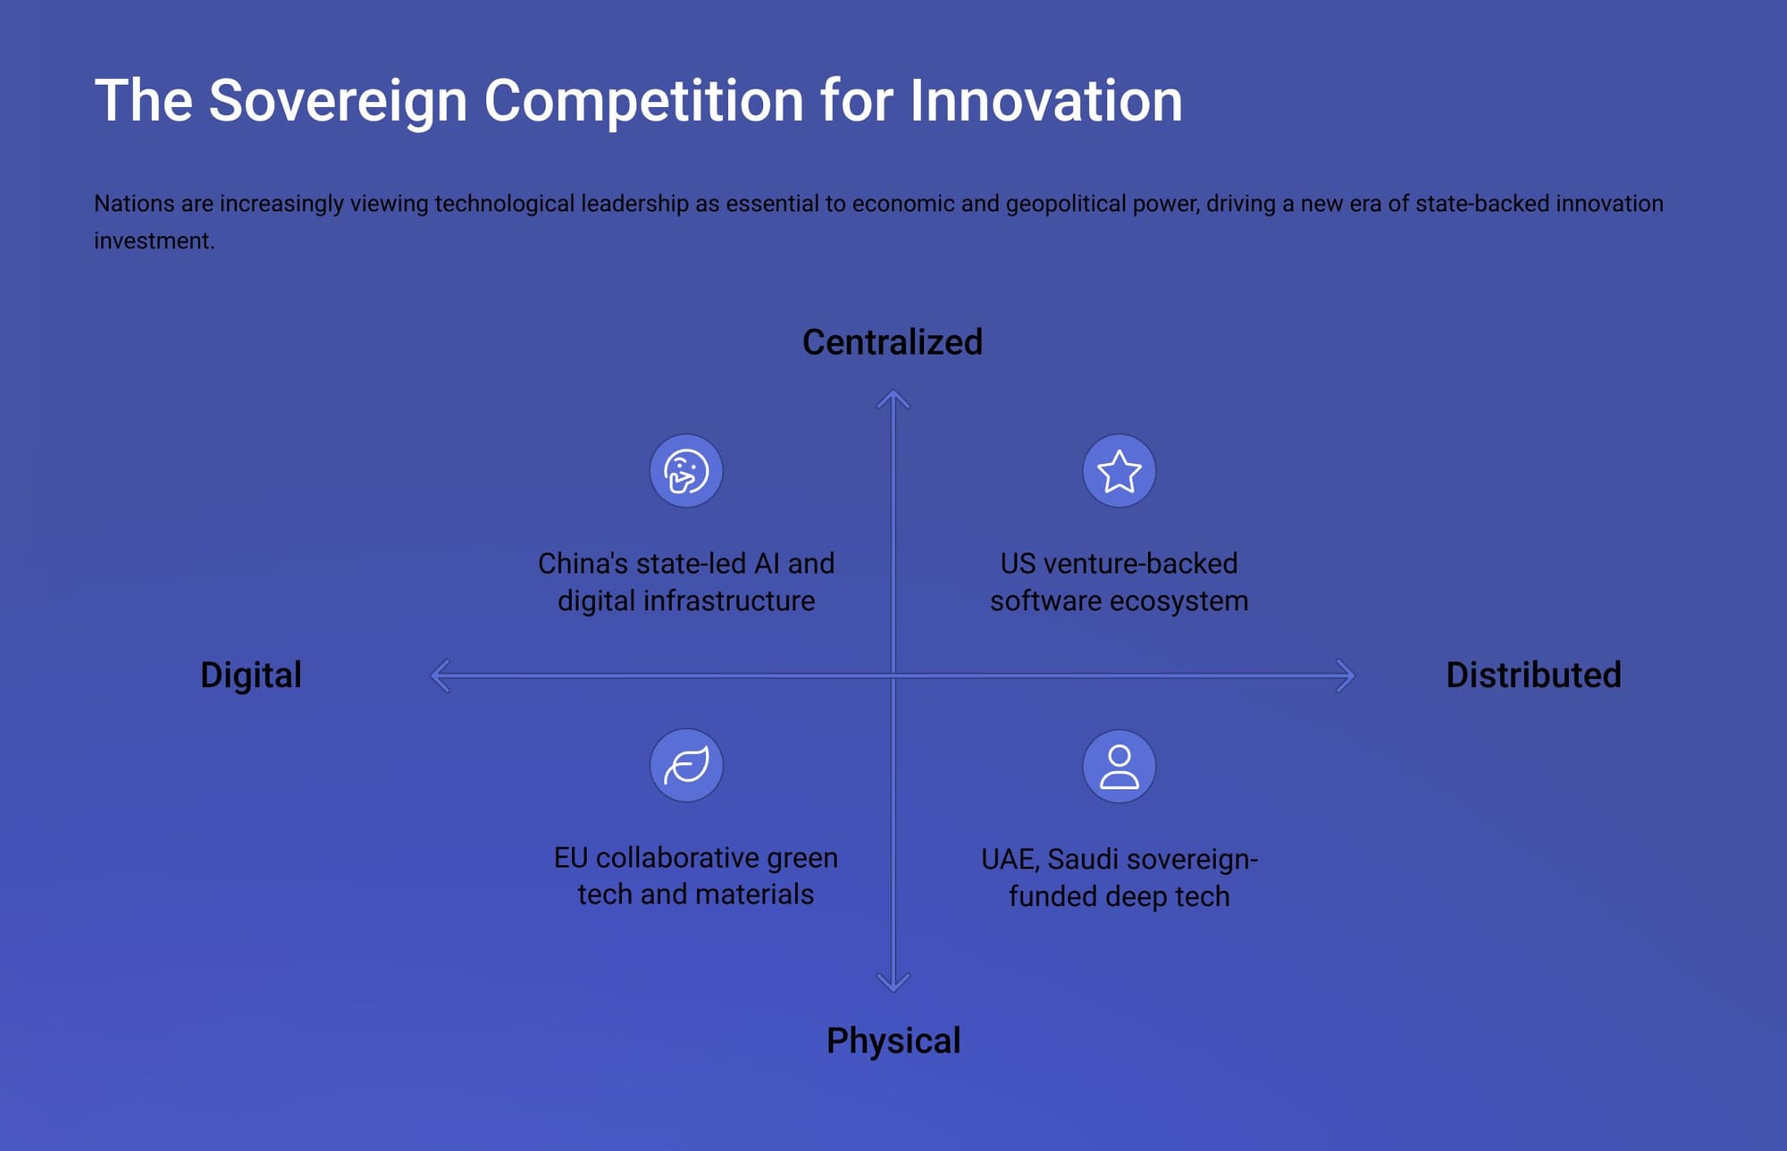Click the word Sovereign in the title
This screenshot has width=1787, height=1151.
338,101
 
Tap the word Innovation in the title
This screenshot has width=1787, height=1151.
1046,100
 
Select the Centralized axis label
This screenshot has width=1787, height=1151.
893,342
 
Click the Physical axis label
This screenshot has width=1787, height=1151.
893,1042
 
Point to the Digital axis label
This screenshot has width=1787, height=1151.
251,676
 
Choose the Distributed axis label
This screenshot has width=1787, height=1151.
1533,675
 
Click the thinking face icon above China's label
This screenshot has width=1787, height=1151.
686,471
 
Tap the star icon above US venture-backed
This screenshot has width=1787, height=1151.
1119,471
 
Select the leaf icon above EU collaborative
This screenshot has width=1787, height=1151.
686,766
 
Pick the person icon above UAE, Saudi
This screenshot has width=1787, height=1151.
1119,766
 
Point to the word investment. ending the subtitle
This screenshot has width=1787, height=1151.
155,241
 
